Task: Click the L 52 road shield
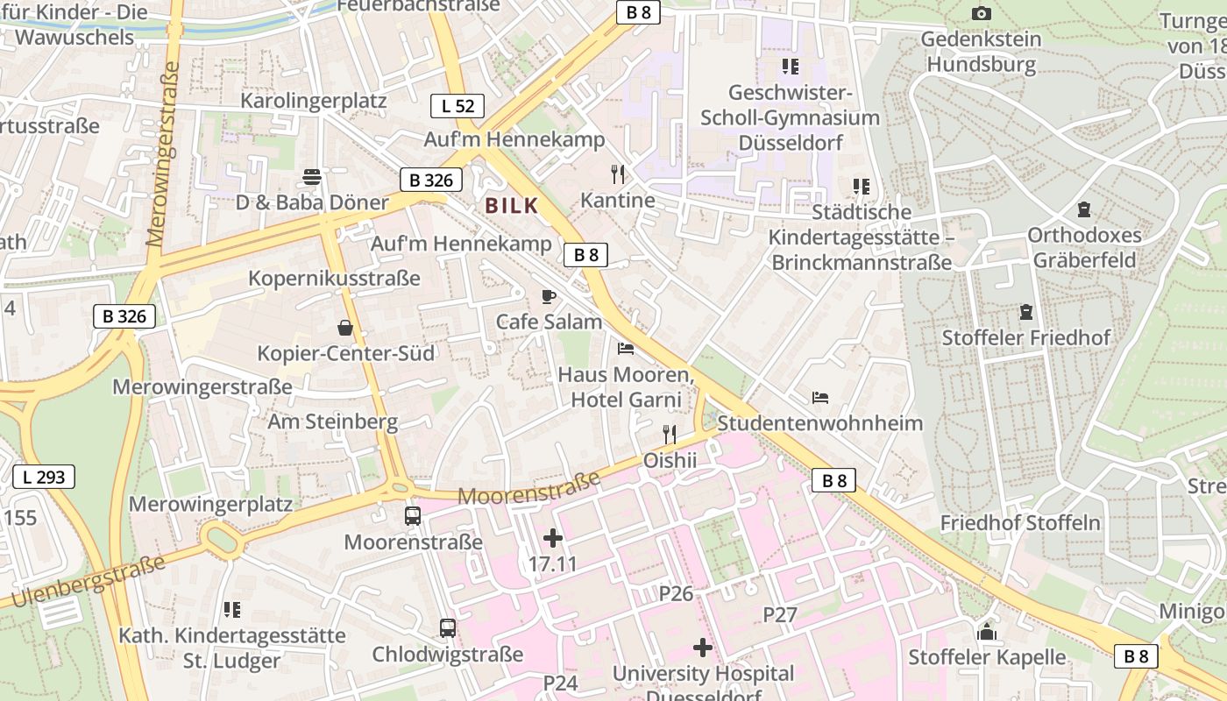(457, 106)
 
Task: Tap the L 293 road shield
(44, 478)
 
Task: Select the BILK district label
(511, 206)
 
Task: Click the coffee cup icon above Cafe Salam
(549, 296)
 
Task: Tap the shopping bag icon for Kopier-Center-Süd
(345, 328)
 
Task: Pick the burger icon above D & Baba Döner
(311, 177)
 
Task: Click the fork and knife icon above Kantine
(618, 174)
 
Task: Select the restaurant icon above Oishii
(670, 434)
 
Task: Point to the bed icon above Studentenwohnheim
(820, 398)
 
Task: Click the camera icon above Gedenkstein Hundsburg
(982, 13)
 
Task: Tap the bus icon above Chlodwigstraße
(447, 627)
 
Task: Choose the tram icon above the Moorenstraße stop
(413, 515)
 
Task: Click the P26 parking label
(676, 594)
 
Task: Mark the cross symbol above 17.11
(553, 538)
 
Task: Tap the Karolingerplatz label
(314, 101)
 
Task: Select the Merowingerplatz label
(210, 505)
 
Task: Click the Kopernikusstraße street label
(335, 279)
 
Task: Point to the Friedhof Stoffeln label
(1020, 523)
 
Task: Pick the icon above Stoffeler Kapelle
(987, 631)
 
